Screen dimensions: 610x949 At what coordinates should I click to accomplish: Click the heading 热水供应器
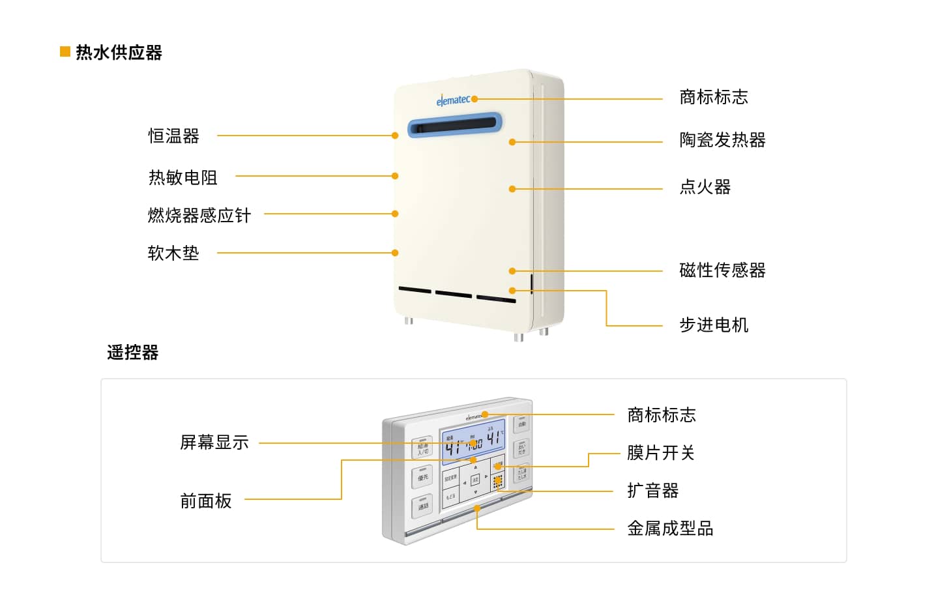pos(119,52)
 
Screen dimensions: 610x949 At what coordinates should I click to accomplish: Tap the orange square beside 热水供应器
pos(65,51)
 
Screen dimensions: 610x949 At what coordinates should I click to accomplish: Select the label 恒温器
pos(173,136)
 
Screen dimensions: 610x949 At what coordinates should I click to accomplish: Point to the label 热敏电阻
pos(182,177)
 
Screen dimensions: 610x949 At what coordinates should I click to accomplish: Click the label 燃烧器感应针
pos(199,215)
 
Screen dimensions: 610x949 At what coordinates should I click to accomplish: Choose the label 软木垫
pos(173,253)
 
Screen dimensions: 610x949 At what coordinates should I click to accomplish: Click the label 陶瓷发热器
pos(722,140)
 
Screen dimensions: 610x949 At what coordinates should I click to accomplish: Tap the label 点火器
pos(705,187)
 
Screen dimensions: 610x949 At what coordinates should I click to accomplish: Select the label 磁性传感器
pos(722,270)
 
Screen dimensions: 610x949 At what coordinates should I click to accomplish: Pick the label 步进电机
pos(714,325)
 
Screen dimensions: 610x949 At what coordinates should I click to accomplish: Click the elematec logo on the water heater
pos(453,100)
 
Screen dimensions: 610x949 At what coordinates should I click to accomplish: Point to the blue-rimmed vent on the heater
pos(455,124)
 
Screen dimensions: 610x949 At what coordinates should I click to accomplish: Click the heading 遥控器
pos(133,353)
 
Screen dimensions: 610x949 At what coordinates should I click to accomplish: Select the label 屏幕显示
pos(214,443)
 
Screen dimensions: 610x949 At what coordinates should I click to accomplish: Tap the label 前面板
pos(206,501)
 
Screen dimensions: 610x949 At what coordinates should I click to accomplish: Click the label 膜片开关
pos(661,452)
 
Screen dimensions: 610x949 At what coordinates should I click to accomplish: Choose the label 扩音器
pos(652,490)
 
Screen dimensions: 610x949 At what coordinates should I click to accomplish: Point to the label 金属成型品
pos(670,528)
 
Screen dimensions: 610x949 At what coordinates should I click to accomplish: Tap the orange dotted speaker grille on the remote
pos(498,482)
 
